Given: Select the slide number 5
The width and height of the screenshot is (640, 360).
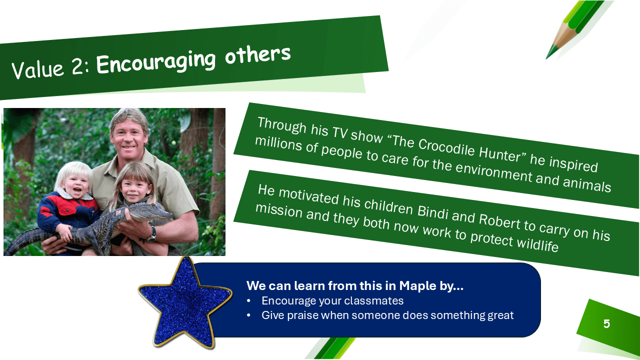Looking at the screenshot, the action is [x=606, y=323].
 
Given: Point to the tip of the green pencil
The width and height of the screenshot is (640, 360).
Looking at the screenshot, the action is [x=546, y=58].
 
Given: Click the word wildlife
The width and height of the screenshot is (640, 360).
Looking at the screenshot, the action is [x=537, y=243].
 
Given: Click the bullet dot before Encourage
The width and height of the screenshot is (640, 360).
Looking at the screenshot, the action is [x=248, y=301].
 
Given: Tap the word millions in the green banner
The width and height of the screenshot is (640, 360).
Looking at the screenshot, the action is [x=278, y=143].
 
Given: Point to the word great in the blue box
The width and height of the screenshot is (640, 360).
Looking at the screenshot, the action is [x=500, y=315].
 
